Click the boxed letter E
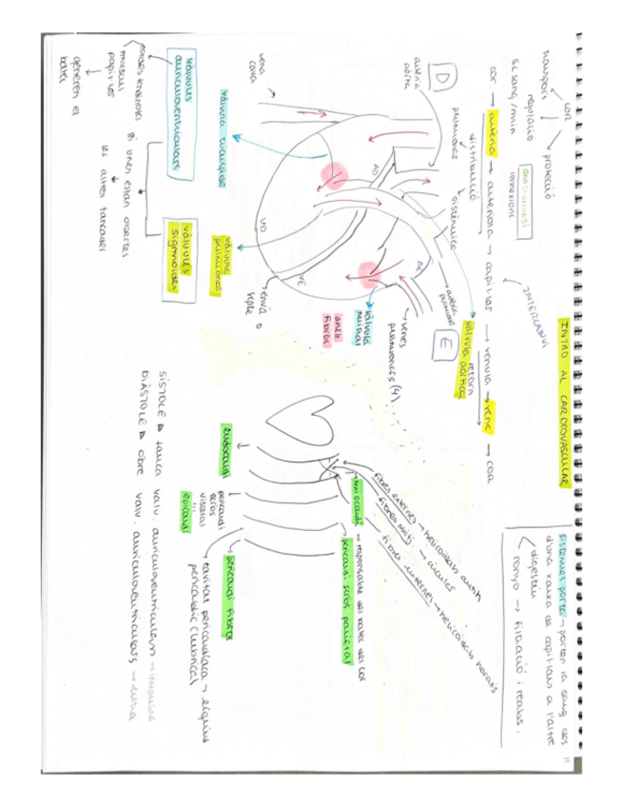(x=441, y=343)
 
